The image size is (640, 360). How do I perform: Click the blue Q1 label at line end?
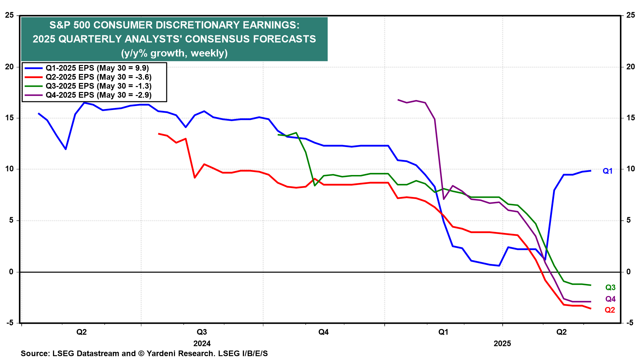(x=607, y=171)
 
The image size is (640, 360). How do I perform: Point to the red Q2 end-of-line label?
(x=610, y=310)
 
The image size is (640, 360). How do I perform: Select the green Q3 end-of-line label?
(x=610, y=287)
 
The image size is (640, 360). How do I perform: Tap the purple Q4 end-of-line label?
(x=610, y=299)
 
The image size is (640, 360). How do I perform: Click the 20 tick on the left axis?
(x=9, y=67)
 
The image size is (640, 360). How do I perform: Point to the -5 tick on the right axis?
(x=630, y=323)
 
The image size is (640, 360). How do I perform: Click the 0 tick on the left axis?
(x=11, y=272)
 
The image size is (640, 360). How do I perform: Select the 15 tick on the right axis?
(x=630, y=118)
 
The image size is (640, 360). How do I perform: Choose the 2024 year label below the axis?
(x=202, y=343)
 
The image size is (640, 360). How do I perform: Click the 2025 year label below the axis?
(x=502, y=343)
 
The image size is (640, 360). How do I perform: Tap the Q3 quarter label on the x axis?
(x=202, y=332)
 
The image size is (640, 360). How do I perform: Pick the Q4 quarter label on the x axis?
(x=323, y=332)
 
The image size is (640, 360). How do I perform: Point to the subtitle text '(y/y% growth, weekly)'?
(x=174, y=53)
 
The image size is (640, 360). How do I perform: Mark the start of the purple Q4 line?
(x=398, y=100)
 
